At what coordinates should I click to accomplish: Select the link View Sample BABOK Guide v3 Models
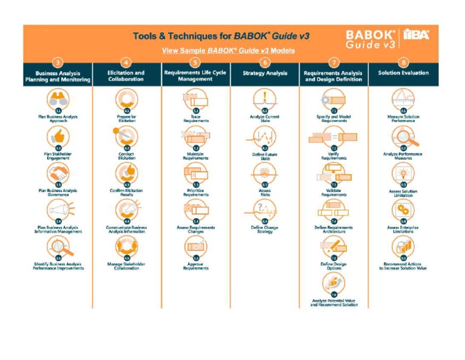click(228, 50)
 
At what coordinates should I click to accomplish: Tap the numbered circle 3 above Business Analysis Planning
click(58, 62)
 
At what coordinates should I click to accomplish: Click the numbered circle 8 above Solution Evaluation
click(403, 62)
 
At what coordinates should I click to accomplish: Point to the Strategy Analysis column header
click(265, 73)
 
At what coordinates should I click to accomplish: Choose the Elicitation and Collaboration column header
click(126, 76)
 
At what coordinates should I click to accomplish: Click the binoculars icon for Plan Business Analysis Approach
click(58, 99)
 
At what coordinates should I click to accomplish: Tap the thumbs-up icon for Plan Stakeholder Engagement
click(58, 136)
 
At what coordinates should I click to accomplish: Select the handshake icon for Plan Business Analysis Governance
click(58, 174)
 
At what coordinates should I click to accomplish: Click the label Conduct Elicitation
click(126, 156)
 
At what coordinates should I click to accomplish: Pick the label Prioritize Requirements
click(196, 193)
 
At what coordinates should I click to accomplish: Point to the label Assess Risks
click(265, 193)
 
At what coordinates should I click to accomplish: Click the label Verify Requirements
click(334, 156)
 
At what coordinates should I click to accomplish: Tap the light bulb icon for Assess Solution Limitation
click(403, 173)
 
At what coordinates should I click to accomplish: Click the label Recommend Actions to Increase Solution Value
click(403, 266)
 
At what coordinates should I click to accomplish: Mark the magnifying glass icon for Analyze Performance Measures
click(403, 137)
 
